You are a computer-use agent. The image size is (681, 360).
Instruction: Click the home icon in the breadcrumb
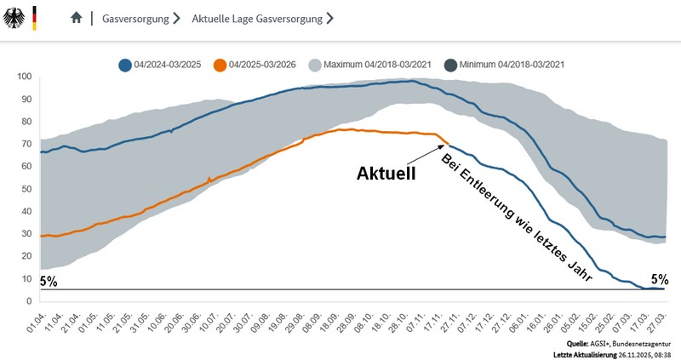[77, 17]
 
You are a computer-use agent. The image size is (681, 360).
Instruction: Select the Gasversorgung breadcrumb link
[134, 18]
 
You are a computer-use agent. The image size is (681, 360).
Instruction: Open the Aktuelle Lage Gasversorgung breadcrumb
[256, 18]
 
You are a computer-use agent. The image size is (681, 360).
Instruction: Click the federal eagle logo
[15, 17]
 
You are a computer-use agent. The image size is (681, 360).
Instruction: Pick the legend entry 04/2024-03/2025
[163, 64]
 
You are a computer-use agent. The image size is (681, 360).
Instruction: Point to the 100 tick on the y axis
[25, 77]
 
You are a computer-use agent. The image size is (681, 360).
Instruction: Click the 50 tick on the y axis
[27, 189]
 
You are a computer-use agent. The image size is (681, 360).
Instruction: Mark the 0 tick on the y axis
[30, 301]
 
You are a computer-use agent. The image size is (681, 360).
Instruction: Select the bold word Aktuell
[386, 174]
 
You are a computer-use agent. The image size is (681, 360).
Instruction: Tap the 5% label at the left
[48, 282]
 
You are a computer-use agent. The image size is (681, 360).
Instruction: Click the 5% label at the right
[660, 278]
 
